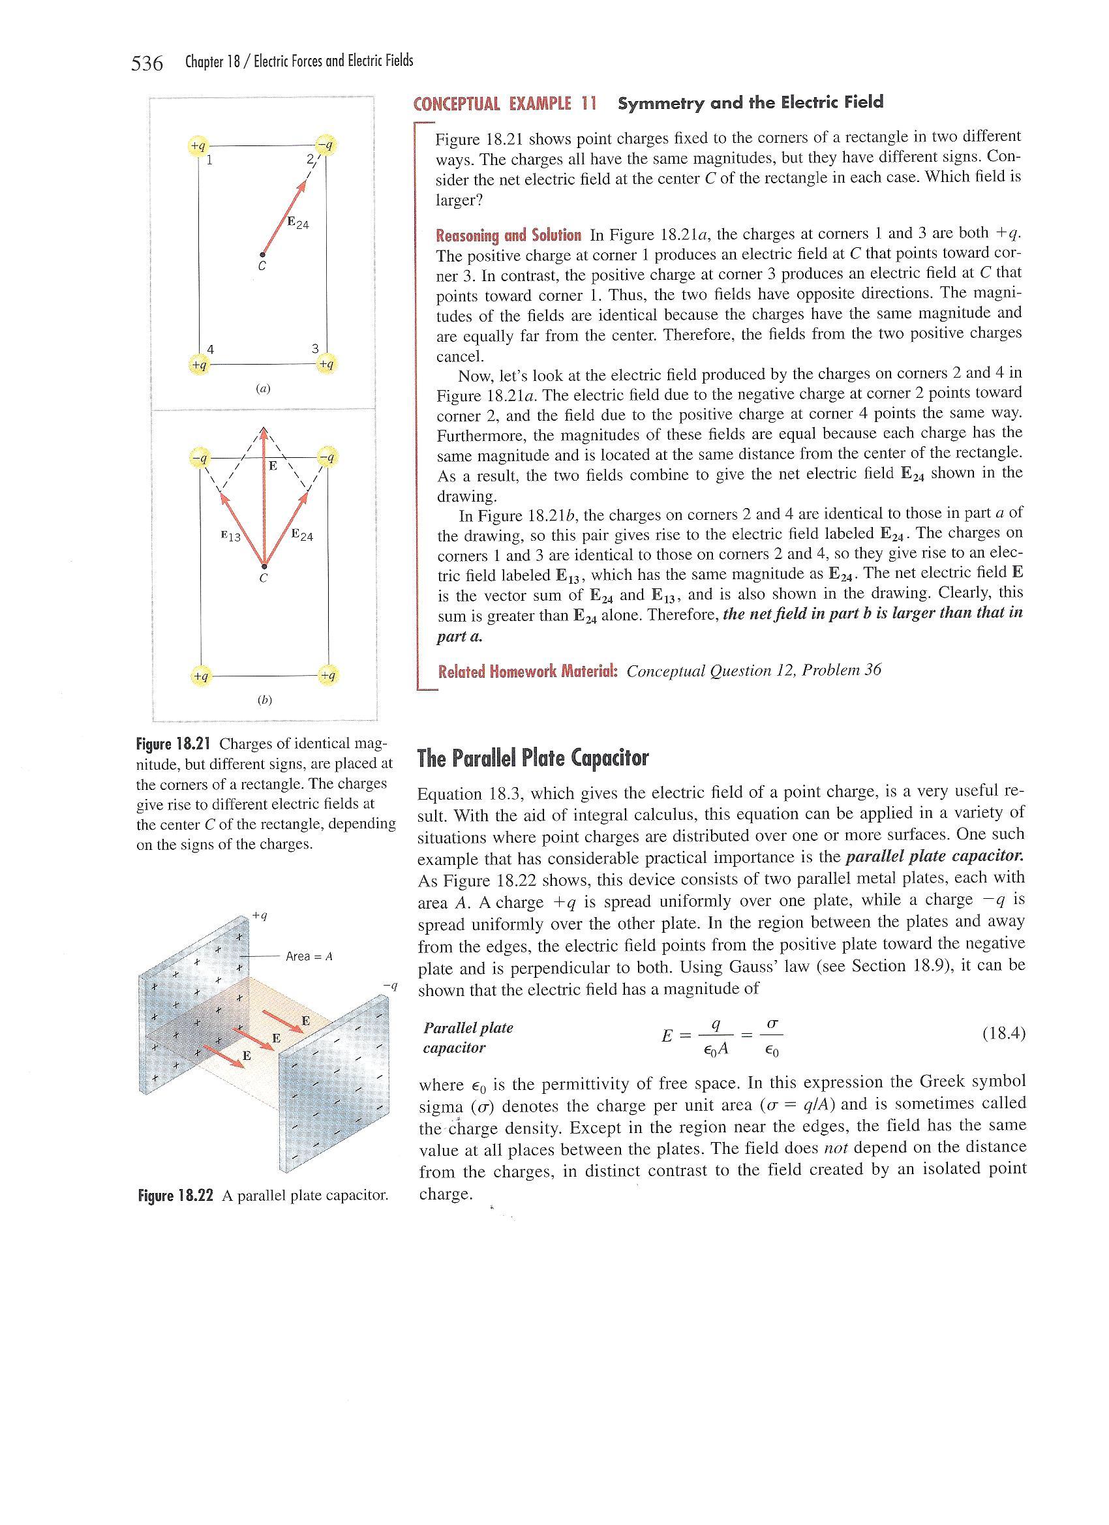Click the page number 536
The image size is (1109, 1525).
click(147, 64)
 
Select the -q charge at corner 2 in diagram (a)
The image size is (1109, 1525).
click(327, 145)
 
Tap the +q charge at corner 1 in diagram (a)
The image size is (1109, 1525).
click(198, 145)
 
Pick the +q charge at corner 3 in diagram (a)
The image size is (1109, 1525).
click(327, 364)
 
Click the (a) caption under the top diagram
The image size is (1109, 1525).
click(263, 388)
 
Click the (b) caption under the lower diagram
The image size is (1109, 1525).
click(264, 699)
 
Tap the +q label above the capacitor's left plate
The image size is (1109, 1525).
click(260, 915)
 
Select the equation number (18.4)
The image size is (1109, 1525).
click(1003, 1033)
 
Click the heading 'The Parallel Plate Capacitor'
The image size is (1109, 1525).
click(532, 759)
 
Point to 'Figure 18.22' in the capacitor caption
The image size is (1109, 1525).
click(175, 1196)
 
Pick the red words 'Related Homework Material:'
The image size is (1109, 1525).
click(528, 671)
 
